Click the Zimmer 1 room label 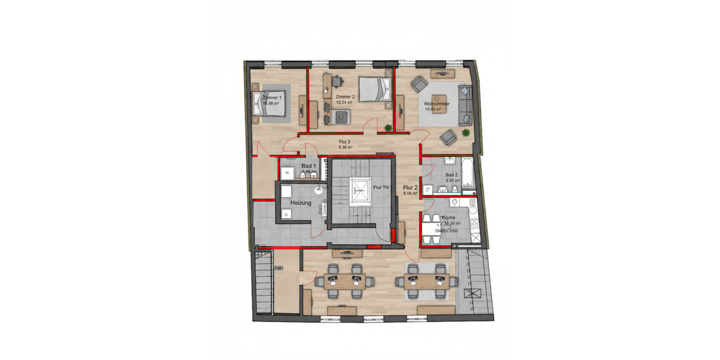(x=271, y=97)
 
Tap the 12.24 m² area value (x=344, y=103)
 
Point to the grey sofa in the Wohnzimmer (x=464, y=106)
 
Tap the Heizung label (x=301, y=203)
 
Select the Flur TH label (x=381, y=188)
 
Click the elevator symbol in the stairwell (x=360, y=188)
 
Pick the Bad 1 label (x=308, y=166)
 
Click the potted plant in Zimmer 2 (x=388, y=127)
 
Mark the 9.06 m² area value (x=410, y=193)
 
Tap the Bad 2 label (x=452, y=175)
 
